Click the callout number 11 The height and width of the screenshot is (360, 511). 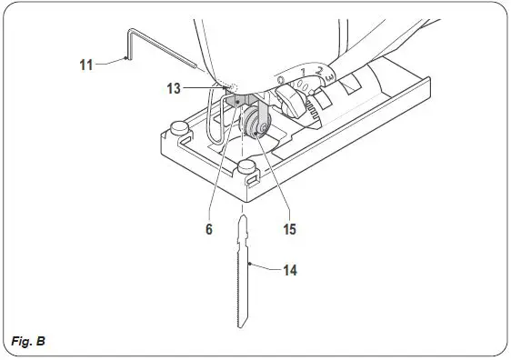85,64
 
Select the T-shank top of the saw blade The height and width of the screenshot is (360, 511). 243,226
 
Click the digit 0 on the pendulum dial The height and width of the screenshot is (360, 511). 281,82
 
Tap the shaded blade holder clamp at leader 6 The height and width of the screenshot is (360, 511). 238,102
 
